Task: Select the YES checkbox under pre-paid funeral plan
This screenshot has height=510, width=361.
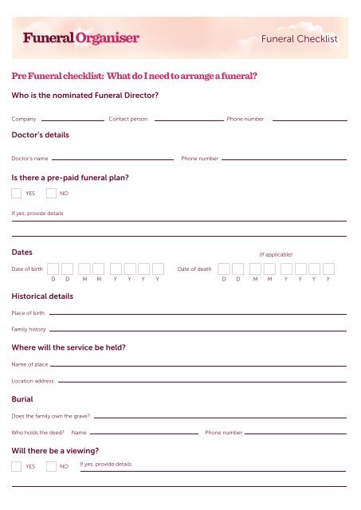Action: (x=17, y=193)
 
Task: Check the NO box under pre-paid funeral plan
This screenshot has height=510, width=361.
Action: (x=51, y=193)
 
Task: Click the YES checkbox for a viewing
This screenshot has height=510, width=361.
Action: (x=17, y=466)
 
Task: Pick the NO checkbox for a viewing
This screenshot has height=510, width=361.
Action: (x=51, y=466)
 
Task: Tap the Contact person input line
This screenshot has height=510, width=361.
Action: (x=188, y=120)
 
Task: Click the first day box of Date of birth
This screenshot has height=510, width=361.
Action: (x=53, y=269)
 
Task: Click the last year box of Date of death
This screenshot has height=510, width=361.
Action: (x=328, y=269)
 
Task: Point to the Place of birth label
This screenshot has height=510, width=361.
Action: (x=28, y=313)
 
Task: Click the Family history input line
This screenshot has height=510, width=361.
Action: (x=199, y=330)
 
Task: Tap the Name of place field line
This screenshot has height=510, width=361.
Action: (x=199, y=366)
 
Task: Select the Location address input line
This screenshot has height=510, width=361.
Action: (x=203, y=382)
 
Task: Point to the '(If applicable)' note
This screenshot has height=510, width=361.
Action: (x=276, y=253)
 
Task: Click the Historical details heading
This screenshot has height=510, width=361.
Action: (x=42, y=296)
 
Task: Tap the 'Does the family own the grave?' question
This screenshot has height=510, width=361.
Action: (x=50, y=417)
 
